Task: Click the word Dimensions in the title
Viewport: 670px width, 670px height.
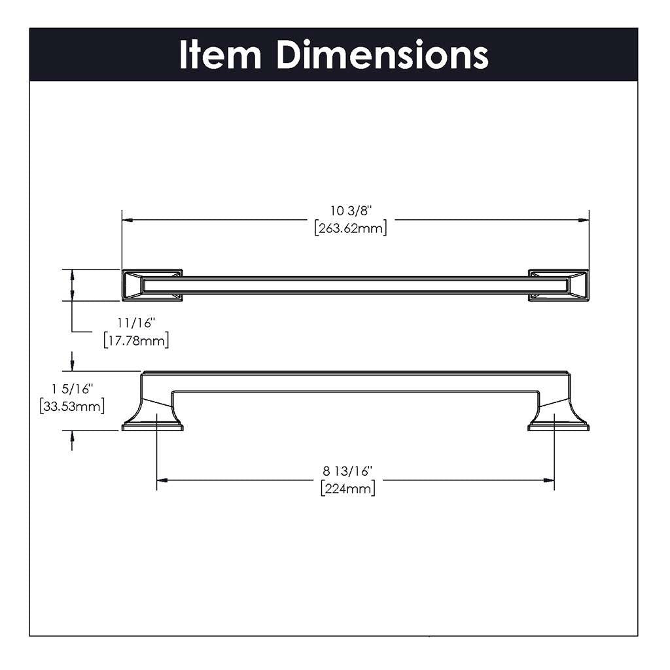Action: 382,55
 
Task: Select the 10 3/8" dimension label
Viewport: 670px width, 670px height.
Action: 351,211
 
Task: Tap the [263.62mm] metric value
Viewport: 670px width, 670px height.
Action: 351,228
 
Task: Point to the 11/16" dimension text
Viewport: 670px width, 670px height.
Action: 136,323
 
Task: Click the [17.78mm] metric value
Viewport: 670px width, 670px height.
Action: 136,340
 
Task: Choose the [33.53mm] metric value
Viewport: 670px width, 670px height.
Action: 72,406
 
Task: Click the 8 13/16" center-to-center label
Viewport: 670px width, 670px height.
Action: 347,471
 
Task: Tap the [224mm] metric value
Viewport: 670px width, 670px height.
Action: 348,489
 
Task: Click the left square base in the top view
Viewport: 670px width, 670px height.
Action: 152,285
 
